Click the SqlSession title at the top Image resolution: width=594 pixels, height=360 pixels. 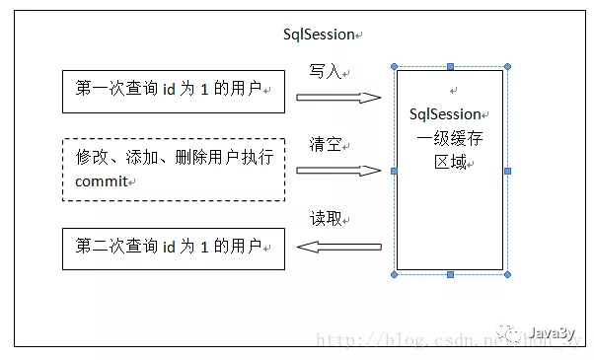pyautogui.click(x=318, y=35)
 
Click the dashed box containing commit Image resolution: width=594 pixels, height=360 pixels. pyautogui.click(x=173, y=170)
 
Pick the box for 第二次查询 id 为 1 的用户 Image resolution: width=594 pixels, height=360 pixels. pyautogui.click(x=173, y=249)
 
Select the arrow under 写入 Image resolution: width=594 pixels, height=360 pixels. pyautogui.click(x=338, y=98)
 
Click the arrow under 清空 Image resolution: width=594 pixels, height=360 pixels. pyautogui.click(x=338, y=170)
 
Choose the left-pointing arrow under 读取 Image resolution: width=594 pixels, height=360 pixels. pyautogui.click(x=338, y=249)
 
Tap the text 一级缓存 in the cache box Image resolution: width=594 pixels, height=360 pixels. pyautogui.click(x=451, y=137)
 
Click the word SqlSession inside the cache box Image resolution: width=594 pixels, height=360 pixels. pyautogui.click(x=449, y=113)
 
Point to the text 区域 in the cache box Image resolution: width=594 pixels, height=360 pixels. pyautogui.click(x=451, y=161)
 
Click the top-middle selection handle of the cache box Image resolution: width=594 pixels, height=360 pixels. pyautogui.click(x=451, y=67)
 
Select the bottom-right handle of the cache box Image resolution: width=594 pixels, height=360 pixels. pyautogui.click(x=508, y=274)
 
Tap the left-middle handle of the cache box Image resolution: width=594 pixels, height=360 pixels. pyautogui.click(x=394, y=171)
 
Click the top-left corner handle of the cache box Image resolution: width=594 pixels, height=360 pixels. pyautogui.click(x=394, y=67)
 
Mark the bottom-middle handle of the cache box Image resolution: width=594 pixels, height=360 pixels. pyautogui.click(x=451, y=274)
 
